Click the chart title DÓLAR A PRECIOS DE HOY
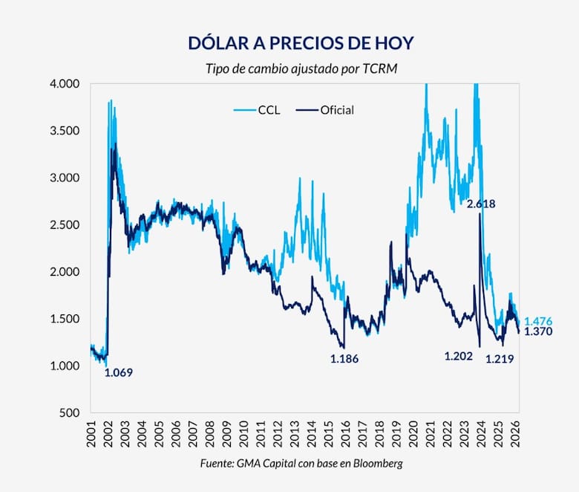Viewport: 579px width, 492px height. coord(289,43)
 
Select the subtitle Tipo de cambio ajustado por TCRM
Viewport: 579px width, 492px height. coord(289,69)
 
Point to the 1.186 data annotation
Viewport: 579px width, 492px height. coord(344,359)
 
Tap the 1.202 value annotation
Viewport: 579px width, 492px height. coord(459,357)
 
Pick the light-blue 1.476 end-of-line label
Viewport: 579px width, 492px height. coord(538,321)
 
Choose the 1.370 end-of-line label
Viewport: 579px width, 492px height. coord(538,332)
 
